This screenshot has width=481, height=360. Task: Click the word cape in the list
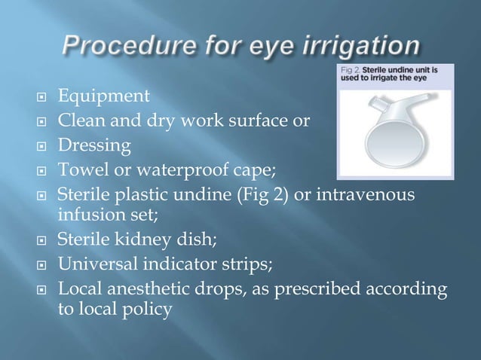[x=272, y=168]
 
